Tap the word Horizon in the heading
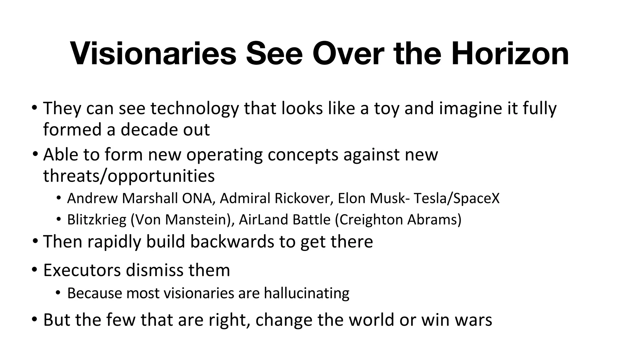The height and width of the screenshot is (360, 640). [510, 54]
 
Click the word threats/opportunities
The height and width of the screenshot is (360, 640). [129, 176]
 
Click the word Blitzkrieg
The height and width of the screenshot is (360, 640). [97, 220]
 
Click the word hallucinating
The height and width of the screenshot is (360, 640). [306, 293]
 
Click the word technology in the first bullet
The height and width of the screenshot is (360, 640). [194, 108]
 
